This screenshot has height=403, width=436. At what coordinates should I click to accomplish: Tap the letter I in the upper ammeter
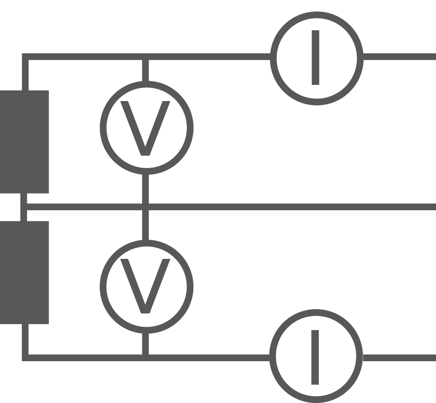click(316, 58)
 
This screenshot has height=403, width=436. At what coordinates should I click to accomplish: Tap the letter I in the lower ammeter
click(315, 357)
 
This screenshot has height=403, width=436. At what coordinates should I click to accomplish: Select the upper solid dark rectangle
click(24, 142)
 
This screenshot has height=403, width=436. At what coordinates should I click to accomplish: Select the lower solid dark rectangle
click(24, 273)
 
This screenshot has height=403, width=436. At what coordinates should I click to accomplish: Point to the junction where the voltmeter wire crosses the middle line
click(146, 207)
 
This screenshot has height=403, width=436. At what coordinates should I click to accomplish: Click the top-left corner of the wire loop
click(25, 57)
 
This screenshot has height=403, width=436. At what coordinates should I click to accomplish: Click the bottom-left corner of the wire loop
click(25, 358)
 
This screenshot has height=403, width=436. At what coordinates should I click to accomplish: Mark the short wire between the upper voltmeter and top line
click(146, 70)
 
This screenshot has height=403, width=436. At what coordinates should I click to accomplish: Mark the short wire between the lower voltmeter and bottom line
click(146, 344)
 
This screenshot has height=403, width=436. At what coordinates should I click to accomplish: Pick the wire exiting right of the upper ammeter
click(399, 57)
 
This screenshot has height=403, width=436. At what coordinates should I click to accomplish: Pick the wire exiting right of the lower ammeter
click(399, 358)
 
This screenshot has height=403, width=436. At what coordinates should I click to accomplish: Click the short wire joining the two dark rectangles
click(24, 207)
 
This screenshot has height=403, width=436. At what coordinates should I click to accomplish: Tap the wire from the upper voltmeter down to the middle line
click(146, 189)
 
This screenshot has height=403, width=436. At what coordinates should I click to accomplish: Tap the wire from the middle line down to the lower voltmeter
click(146, 225)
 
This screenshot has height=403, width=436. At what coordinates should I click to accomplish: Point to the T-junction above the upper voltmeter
click(146, 57)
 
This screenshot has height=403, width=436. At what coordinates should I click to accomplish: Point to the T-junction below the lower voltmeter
click(146, 358)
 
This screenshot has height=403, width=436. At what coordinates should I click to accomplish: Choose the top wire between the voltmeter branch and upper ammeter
click(209, 57)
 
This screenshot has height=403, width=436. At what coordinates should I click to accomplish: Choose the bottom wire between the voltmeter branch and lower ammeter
click(209, 358)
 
